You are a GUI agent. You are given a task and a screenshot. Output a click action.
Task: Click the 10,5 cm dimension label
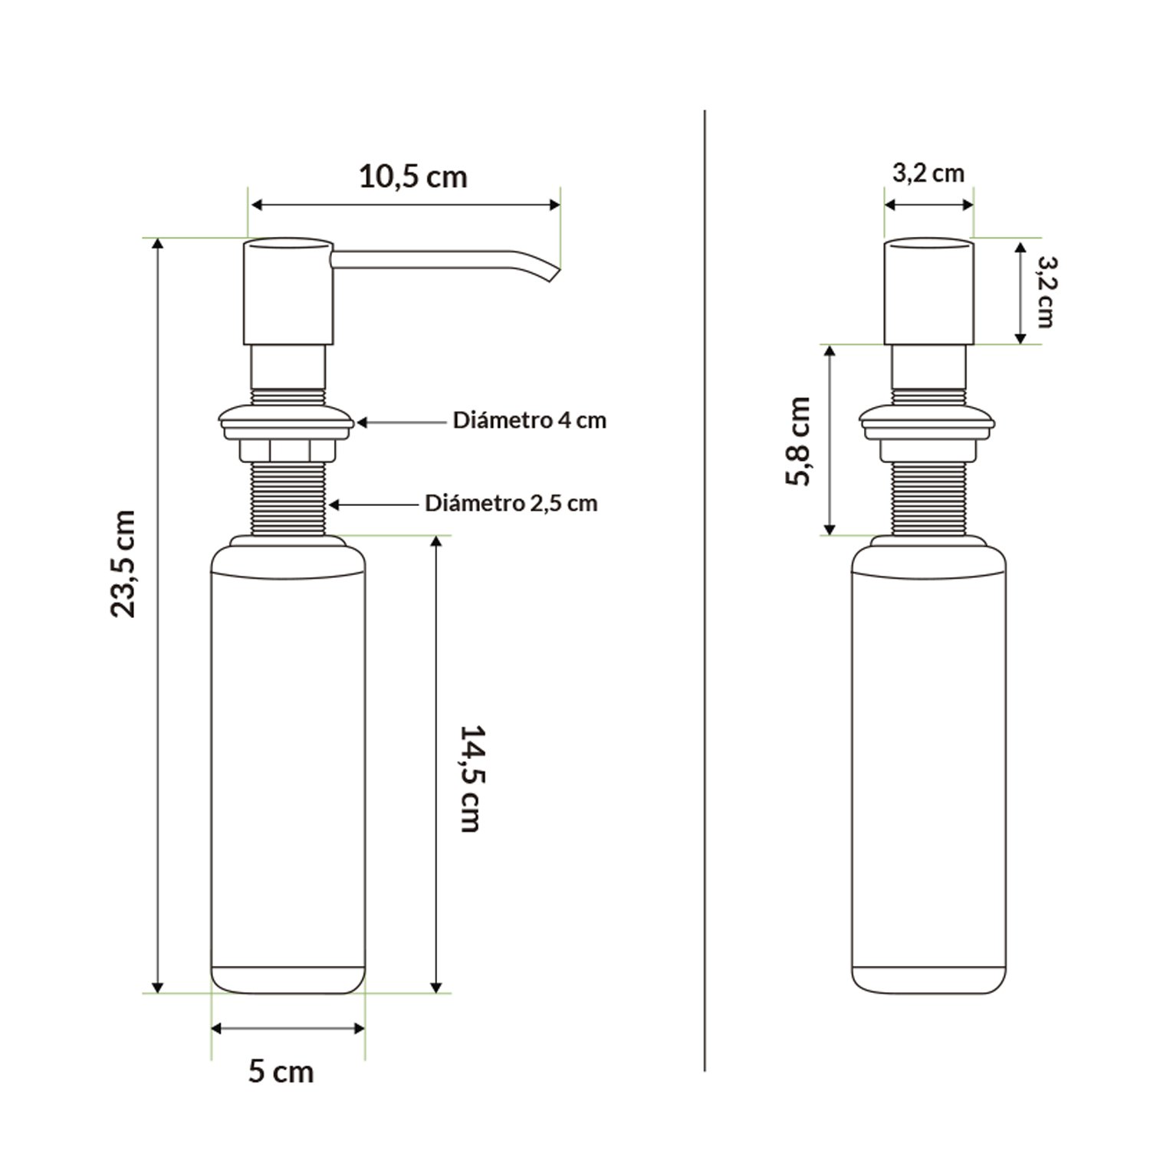coord(412,177)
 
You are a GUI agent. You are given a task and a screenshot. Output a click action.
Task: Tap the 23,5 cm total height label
coord(123,563)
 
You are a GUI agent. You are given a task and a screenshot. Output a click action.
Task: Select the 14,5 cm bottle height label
coord(469,778)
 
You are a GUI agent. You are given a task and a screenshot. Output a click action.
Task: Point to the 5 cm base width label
coord(281,1071)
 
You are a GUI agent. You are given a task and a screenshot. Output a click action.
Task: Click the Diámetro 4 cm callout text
coord(529,421)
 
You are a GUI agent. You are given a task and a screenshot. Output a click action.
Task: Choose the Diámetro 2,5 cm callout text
coord(511,504)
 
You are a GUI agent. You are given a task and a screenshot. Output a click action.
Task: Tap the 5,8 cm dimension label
coord(798,441)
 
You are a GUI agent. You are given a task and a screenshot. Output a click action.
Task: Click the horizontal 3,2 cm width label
coord(928,173)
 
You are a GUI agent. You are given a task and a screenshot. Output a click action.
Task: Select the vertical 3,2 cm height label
coord(1044,291)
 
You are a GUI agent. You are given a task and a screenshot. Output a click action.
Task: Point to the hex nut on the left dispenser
coord(288,450)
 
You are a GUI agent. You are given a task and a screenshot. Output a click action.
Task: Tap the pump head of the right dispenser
coord(928,291)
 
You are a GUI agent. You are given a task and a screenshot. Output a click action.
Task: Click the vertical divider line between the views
coord(704,590)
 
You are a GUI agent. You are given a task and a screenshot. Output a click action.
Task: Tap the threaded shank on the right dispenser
coord(928,498)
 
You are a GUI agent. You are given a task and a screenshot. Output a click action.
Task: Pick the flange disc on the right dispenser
coord(928,421)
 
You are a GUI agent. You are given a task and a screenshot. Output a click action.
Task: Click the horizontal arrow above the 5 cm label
coord(287,1028)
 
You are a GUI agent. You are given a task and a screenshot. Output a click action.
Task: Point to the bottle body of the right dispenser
coord(928,767)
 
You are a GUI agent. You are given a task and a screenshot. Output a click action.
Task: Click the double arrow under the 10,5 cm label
coord(406,204)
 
